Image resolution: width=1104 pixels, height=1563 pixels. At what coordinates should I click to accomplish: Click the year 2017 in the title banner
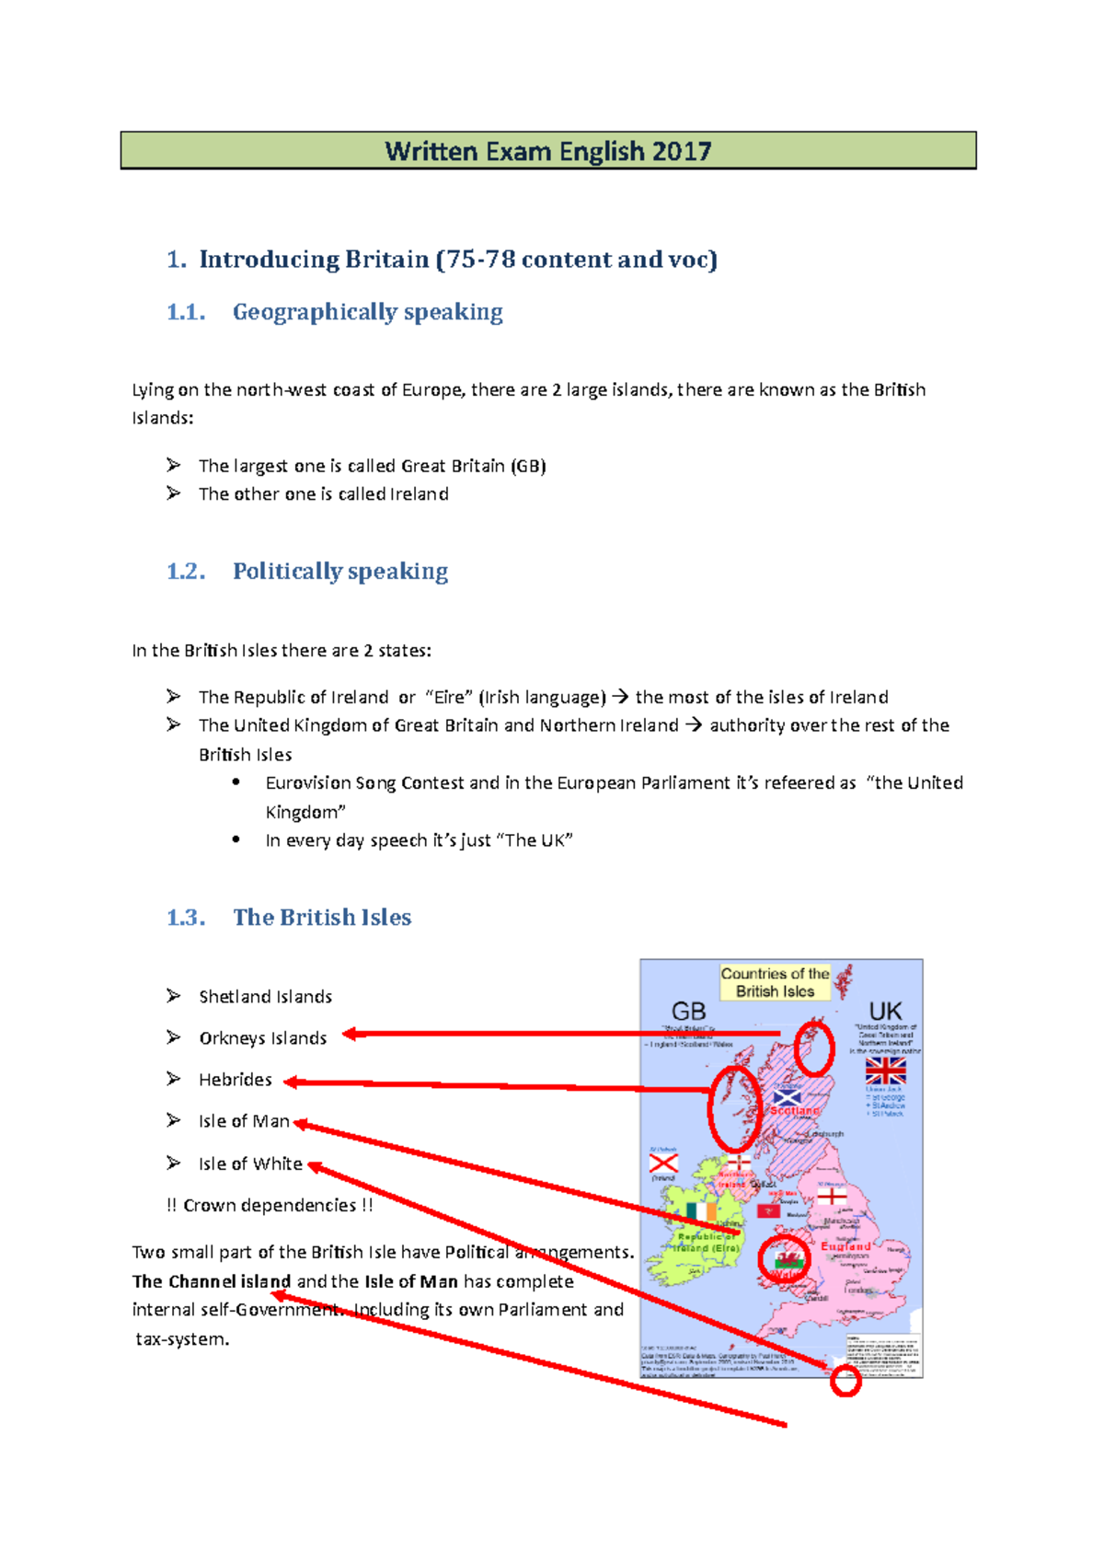pyautogui.click(x=682, y=151)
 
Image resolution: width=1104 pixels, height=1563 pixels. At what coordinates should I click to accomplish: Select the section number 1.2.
pyautogui.click(x=185, y=572)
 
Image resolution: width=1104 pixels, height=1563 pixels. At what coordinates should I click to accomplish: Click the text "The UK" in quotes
pyautogui.click(x=538, y=840)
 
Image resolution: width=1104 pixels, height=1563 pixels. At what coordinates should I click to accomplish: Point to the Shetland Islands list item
pyautogui.click(x=265, y=997)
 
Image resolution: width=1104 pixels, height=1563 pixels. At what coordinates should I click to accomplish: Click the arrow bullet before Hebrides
pyautogui.click(x=173, y=1079)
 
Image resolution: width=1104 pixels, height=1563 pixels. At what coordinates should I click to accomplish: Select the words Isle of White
pyautogui.click(x=250, y=1164)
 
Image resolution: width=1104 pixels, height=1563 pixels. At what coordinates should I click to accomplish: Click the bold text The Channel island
pyautogui.click(x=212, y=1281)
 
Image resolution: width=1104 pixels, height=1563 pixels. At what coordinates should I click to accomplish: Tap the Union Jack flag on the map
pyautogui.click(x=885, y=1071)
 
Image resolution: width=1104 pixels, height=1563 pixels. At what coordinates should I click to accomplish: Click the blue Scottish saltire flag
pyautogui.click(x=787, y=1097)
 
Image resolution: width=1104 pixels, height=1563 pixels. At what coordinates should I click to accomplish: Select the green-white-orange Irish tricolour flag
pyautogui.click(x=701, y=1210)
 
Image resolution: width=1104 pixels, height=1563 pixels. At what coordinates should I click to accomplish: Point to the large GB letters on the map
pyautogui.click(x=688, y=1012)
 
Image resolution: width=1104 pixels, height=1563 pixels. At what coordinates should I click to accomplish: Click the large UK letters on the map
pyautogui.click(x=885, y=1012)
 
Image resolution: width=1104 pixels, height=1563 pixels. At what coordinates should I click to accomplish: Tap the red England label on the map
pyautogui.click(x=845, y=1245)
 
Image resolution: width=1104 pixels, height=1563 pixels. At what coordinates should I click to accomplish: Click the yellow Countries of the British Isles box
pyautogui.click(x=775, y=982)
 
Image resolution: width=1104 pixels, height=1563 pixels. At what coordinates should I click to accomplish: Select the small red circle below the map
pyautogui.click(x=845, y=1381)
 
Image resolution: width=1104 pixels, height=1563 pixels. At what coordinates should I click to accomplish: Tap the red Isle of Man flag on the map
pyautogui.click(x=767, y=1210)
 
